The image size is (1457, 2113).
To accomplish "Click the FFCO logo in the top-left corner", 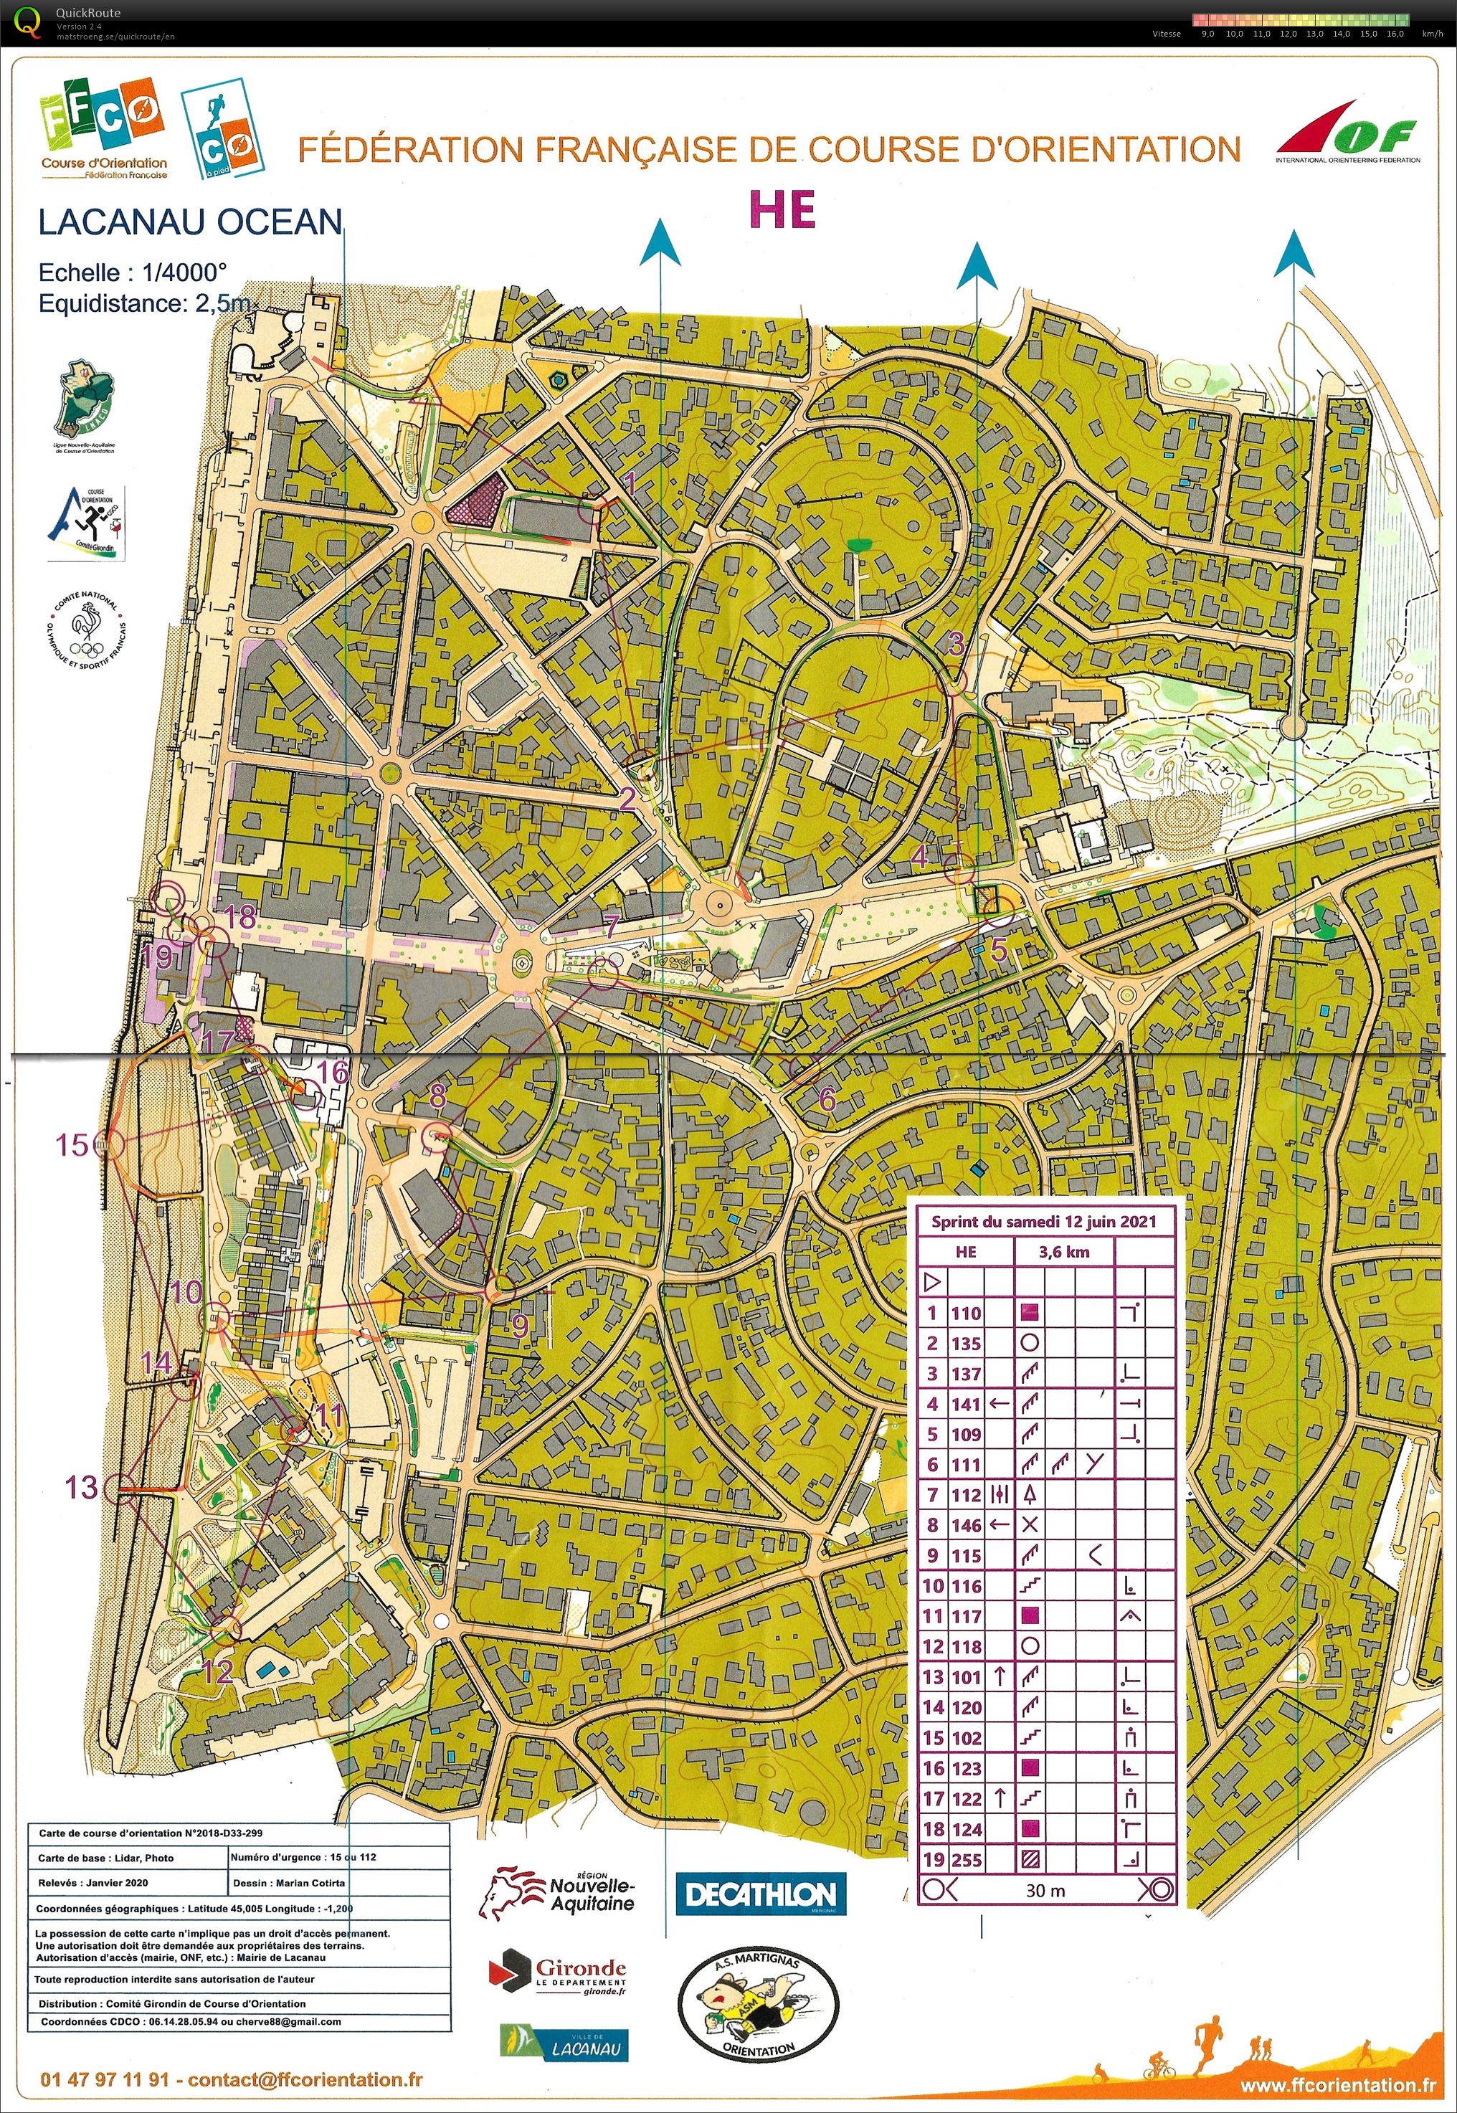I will (x=103, y=128).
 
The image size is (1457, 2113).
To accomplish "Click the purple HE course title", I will (x=782, y=210).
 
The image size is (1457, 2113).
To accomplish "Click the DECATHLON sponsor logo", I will (x=754, y=1894).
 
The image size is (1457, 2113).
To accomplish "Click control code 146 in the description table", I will (x=966, y=1525).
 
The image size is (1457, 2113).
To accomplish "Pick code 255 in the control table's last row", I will (x=966, y=1859).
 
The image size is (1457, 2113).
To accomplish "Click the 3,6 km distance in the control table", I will (x=1063, y=1251).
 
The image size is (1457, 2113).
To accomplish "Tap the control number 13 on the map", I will (x=80, y=1487).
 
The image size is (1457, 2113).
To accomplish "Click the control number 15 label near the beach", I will (x=72, y=1144).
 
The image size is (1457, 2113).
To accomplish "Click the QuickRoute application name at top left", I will (x=87, y=13).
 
